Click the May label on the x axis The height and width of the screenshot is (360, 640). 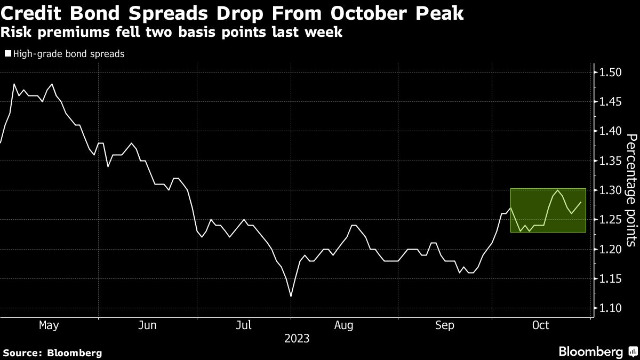pyautogui.click(x=49, y=325)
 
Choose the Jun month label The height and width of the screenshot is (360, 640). pyautogui.click(x=147, y=325)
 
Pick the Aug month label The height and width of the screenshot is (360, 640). pyautogui.click(x=344, y=325)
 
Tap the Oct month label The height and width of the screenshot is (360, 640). pyautogui.click(x=540, y=325)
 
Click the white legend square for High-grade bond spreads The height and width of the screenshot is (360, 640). pyautogui.click(x=7, y=53)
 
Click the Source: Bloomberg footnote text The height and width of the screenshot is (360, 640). pyautogui.click(x=52, y=353)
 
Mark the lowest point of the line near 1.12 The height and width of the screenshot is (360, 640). pyautogui.click(x=291, y=297)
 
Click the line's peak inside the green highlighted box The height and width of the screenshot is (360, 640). pyautogui.click(x=558, y=190)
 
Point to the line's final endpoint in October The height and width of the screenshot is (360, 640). pyautogui.click(x=580, y=202)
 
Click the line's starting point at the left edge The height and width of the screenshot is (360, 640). pyautogui.click(x=1, y=143)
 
